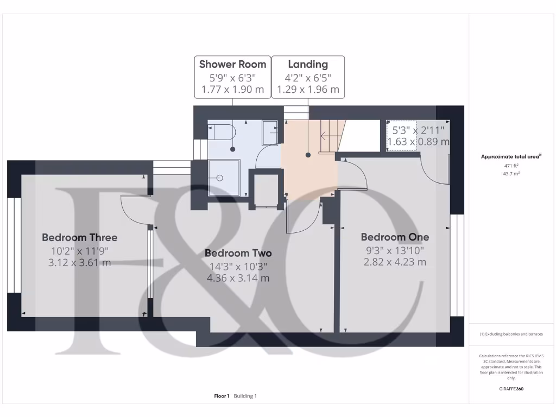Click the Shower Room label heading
click(232, 65)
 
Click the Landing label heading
click(308, 65)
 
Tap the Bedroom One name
click(395, 237)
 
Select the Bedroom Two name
click(238, 253)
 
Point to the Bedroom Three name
click(79, 237)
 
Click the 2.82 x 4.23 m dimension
click(395, 262)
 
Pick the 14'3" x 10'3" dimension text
click(238, 266)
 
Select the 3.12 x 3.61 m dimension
click(79, 263)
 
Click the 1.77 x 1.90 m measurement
click(232, 90)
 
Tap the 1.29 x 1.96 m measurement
click(308, 90)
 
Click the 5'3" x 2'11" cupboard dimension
click(418, 130)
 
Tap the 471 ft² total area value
click(511, 166)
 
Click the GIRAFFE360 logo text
click(511, 389)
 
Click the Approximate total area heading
click(511, 156)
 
